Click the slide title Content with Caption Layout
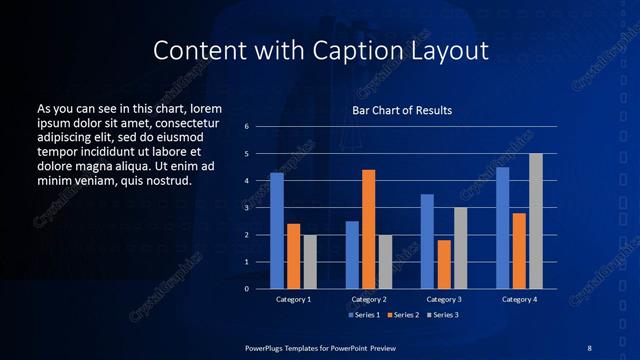319,50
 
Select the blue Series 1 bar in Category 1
277,231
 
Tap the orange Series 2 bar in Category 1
293,256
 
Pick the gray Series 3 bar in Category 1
310,262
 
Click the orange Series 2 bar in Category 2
368,229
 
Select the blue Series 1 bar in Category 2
352,255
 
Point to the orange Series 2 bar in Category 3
444,264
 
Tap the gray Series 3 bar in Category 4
536,221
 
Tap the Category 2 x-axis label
368,299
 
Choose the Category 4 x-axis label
519,299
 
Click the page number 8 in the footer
589,347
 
